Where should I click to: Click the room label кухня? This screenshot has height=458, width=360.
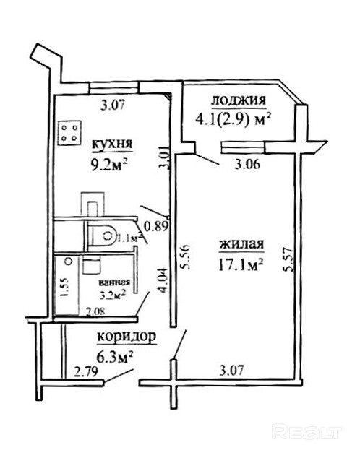coord(113,144)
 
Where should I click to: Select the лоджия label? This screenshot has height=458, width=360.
coord(239,100)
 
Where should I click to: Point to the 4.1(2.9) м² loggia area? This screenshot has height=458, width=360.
coord(233,119)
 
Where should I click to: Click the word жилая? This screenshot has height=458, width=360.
coord(241,244)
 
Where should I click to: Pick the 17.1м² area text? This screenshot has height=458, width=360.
coord(241,265)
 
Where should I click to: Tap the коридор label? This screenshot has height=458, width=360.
coord(127,337)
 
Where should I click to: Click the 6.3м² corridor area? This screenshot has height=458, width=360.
coord(115,357)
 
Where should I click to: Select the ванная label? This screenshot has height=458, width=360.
coord(114,282)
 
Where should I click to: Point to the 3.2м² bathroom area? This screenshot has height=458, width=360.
coord(113,295)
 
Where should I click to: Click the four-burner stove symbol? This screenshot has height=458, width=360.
coord(69,133)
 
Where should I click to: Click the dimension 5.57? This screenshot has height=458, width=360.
coord(288,260)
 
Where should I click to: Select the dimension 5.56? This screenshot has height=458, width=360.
coord(186,256)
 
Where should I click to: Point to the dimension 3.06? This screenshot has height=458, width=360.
coord(247,165)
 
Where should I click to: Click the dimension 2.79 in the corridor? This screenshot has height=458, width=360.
coord(86,372)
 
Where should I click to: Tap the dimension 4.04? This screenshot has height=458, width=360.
coord(163,280)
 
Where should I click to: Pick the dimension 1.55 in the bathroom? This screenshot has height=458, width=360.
coord(64,288)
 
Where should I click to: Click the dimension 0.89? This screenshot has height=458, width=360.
coord(157,226)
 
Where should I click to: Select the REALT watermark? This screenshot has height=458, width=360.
coord(307,432)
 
